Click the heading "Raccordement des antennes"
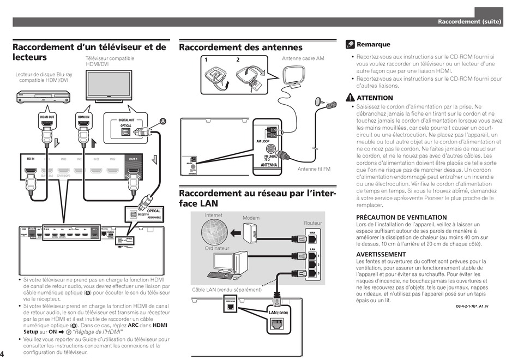point(240,47)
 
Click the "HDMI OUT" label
point(48,117)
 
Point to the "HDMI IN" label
point(83,117)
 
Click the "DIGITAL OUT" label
point(126,120)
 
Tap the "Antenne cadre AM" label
point(303,58)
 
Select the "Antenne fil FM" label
point(314,169)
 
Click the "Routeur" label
point(313,223)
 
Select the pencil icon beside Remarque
point(350,44)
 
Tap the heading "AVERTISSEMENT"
point(381,254)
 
